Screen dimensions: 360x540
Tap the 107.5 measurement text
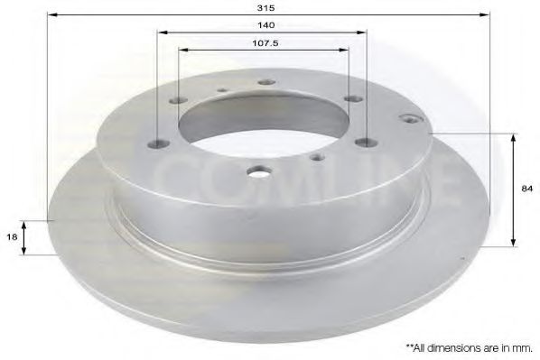point(265,42)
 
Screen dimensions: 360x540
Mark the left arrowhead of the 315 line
point(50,15)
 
